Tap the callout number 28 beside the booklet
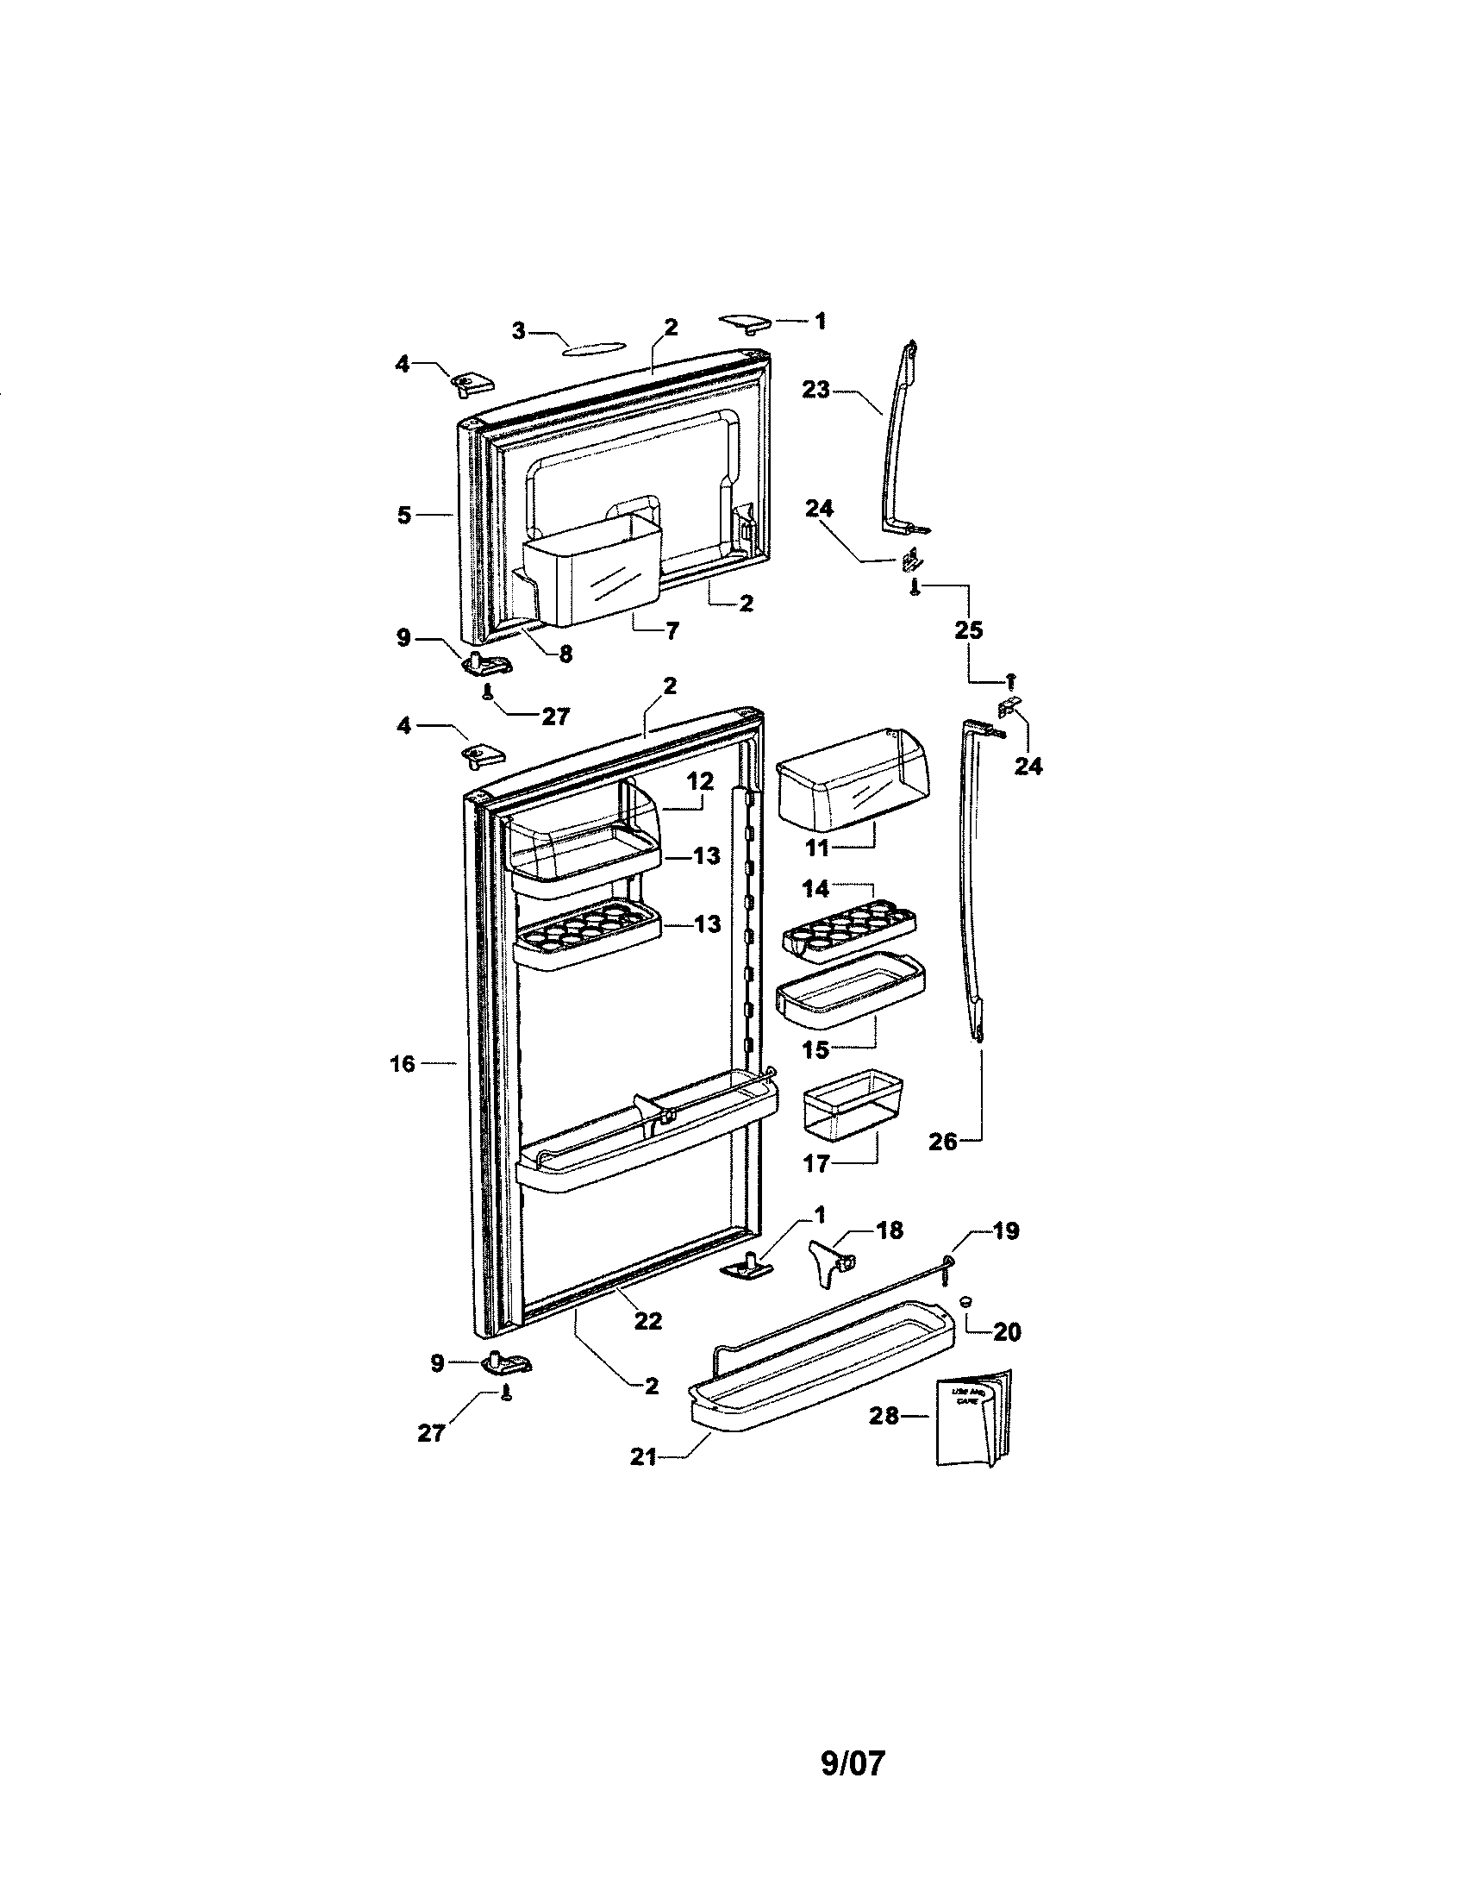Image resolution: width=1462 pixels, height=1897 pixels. [883, 1416]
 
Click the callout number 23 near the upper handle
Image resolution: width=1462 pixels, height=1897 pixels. [816, 389]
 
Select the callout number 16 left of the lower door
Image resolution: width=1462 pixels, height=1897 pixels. [402, 1062]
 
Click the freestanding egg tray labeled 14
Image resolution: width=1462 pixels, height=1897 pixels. [849, 933]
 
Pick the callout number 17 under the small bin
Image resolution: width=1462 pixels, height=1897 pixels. [816, 1163]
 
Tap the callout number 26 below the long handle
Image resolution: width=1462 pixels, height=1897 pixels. [943, 1142]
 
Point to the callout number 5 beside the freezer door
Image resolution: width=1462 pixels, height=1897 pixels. [403, 515]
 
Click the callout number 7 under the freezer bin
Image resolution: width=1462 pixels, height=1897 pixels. [672, 631]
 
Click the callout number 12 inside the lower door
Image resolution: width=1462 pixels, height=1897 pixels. [700, 781]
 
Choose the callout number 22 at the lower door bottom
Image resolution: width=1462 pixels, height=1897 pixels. [647, 1320]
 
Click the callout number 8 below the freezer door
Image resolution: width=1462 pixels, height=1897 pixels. [565, 654]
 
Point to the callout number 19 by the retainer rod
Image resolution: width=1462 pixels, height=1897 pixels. [1005, 1230]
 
